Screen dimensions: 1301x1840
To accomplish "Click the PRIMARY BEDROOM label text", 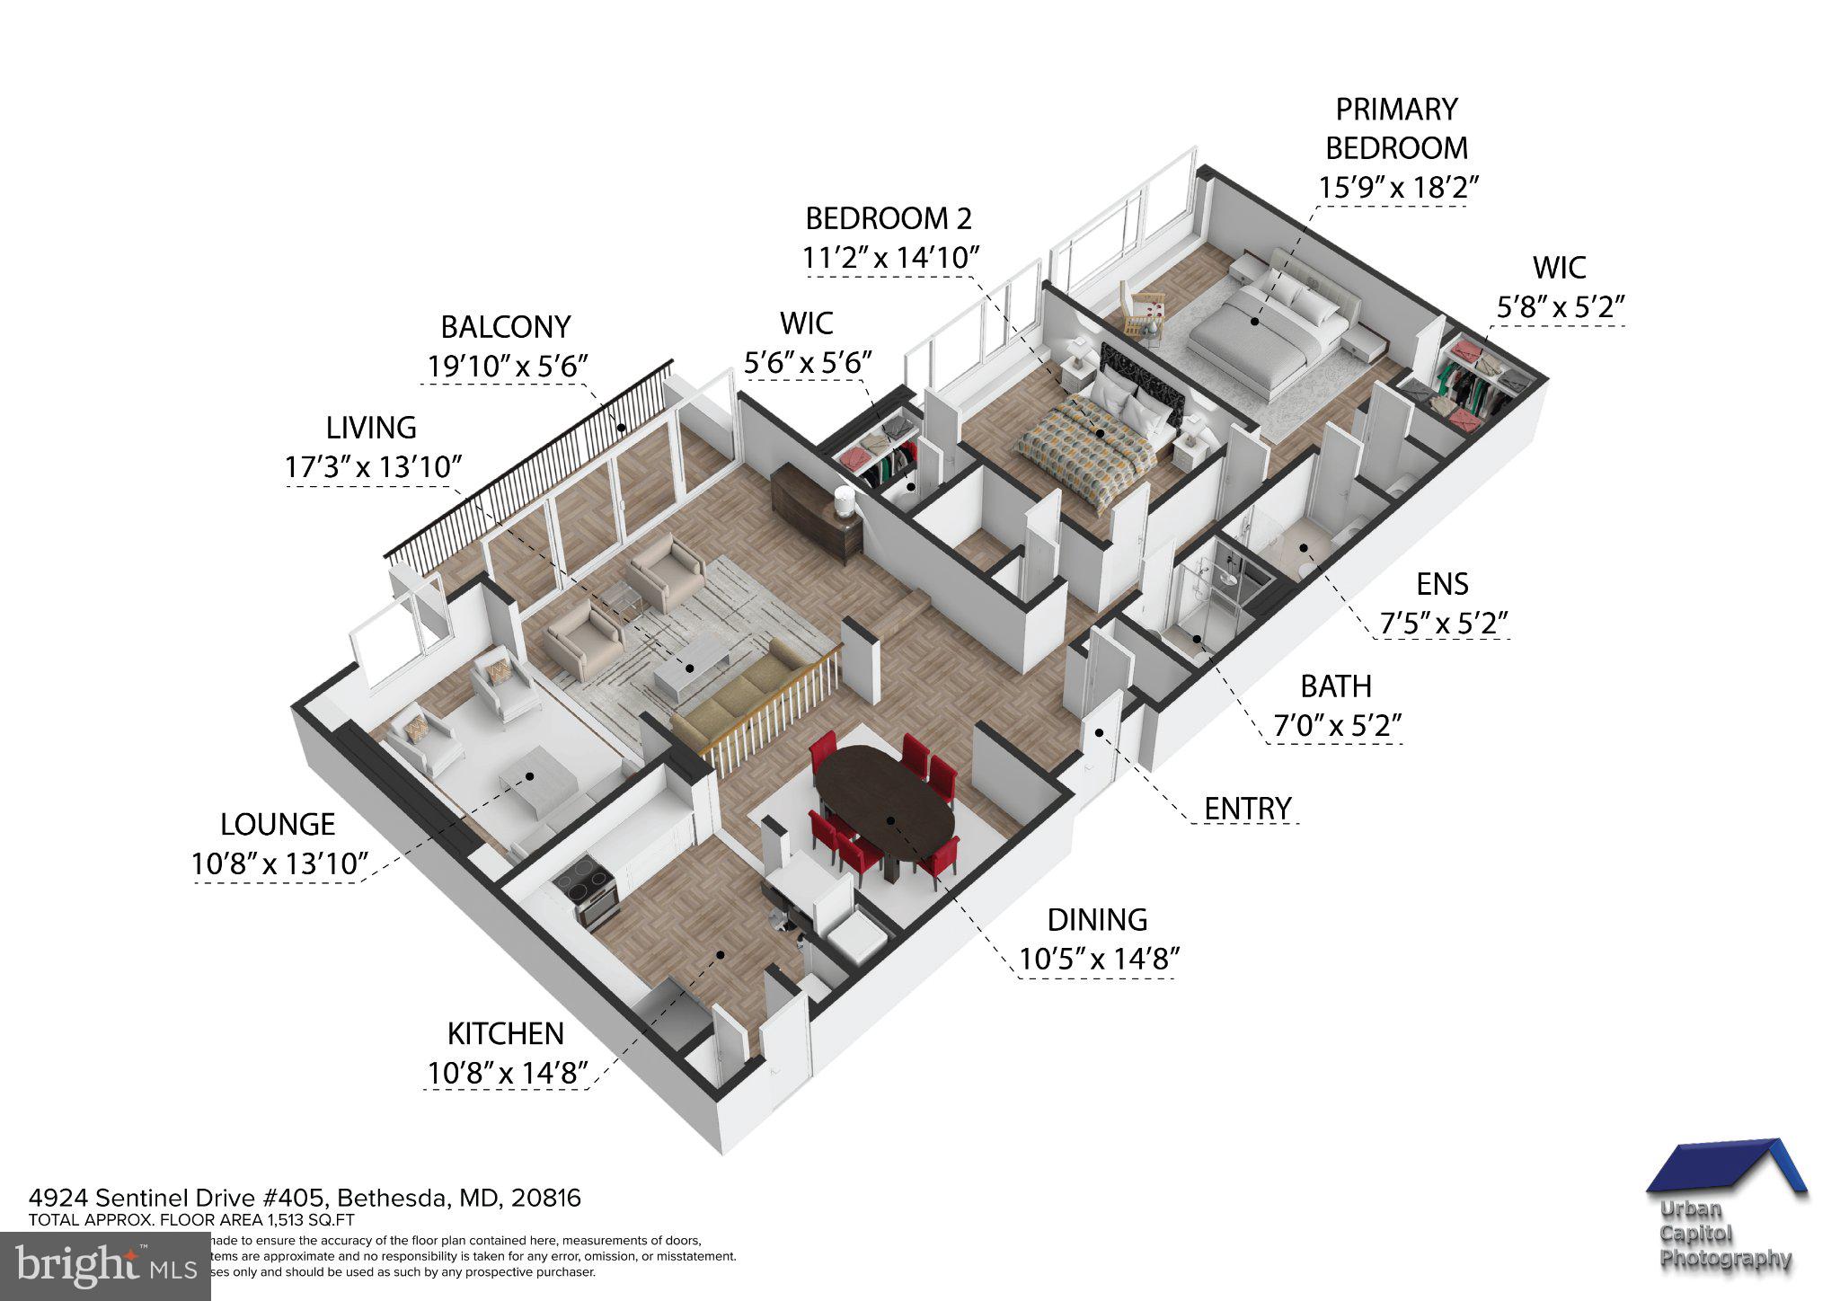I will coord(1396,128).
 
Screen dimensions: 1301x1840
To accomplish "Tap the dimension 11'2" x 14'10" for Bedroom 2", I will coord(889,258).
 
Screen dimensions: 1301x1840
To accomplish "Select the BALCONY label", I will coord(505,326).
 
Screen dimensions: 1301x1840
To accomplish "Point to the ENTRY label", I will coord(1247,809).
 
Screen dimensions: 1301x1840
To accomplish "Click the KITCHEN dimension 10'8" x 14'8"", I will coord(508,1073).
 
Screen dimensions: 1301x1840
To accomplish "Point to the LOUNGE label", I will coord(278,824).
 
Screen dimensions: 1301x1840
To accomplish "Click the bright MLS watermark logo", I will coord(105,1266).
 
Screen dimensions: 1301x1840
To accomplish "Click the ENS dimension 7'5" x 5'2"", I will coord(1442,623).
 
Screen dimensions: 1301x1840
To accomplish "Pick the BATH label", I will coord(1336,686).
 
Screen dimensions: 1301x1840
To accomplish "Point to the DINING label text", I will coord(1097,919).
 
